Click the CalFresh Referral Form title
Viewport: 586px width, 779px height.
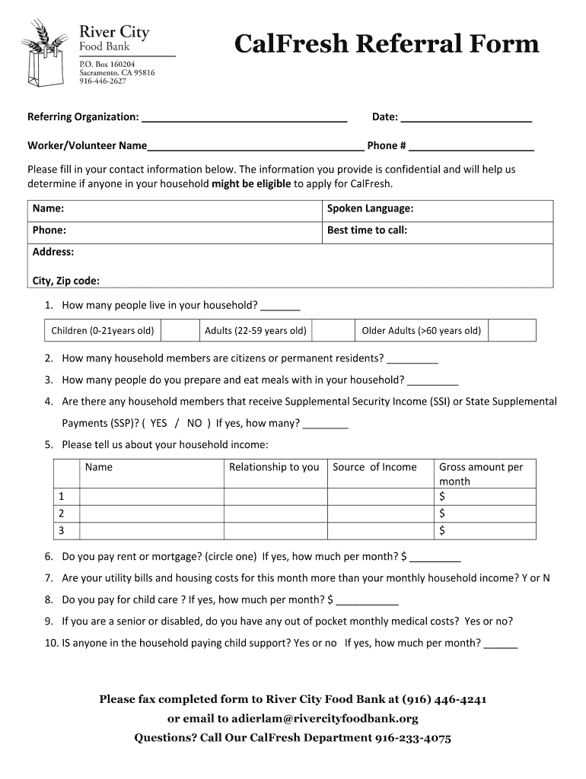coord(387,44)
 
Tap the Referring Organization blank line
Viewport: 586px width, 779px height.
coord(244,119)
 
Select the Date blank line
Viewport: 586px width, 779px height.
coord(466,119)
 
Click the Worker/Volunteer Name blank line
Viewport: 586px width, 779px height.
coord(256,148)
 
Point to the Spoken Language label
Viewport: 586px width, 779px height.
coord(370,208)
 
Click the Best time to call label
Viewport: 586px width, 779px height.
coord(367,230)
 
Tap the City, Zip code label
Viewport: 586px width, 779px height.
coord(65,281)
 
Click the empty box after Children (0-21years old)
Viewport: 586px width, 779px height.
coord(179,330)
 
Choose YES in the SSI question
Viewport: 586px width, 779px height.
coord(158,423)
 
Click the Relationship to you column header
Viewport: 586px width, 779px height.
coord(274,467)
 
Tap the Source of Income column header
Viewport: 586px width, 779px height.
coord(374,467)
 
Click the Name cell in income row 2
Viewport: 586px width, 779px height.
coord(151,514)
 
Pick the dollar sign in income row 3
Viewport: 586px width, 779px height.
coord(442,530)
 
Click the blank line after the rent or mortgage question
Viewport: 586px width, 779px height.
coord(435,558)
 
